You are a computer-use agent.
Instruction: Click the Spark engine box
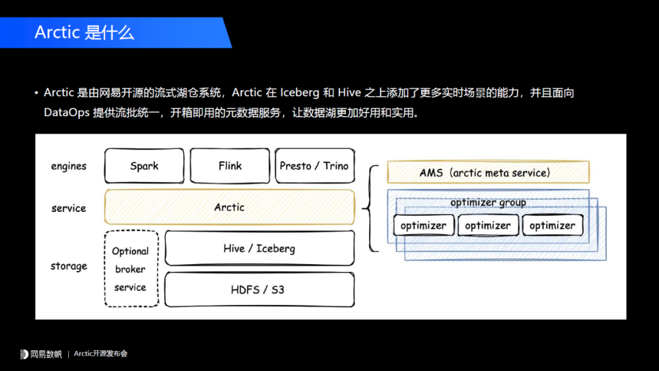tap(144, 166)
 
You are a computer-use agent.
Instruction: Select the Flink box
tap(229, 166)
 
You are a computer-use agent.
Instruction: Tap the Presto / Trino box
tap(314, 166)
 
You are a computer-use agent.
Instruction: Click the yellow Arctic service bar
tap(229, 207)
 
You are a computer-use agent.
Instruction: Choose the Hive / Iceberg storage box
tap(259, 248)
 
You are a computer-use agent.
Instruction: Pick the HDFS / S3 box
tap(259, 289)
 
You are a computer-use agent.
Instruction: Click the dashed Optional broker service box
tap(131, 269)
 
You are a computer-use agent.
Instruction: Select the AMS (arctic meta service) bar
tap(488, 172)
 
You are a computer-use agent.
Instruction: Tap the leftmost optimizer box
tap(423, 226)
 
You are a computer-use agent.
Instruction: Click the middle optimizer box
tap(488, 226)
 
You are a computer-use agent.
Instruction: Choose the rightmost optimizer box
tap(552, 226)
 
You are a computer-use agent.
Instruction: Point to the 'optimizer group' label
tap(488, 202)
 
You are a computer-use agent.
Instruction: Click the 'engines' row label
tap(68, 166)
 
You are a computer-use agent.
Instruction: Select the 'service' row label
tap(68, 208)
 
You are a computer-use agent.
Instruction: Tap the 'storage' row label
tap(68, 266)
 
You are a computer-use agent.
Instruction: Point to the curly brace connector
tap(369, 208)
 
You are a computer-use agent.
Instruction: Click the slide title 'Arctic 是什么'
tap(84, 32)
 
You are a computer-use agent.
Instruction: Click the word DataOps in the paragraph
tap(66, 112)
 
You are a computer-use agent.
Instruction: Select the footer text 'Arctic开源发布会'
tap(101, 354)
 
